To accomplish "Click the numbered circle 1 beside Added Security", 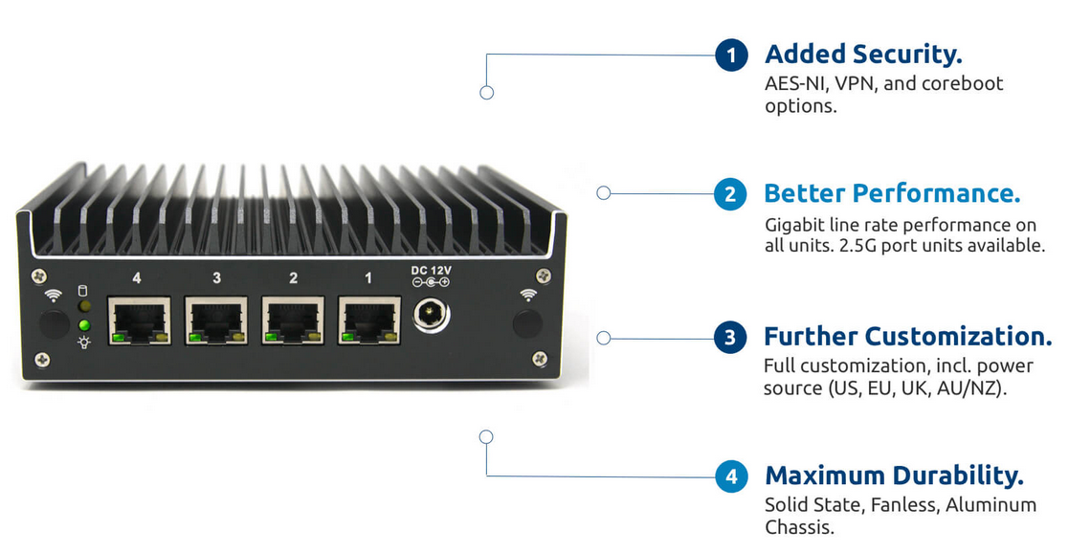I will coord(731,55).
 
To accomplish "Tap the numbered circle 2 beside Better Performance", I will coord(730,194).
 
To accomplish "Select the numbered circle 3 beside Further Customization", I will coord(730,338).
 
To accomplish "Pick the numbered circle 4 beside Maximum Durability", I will coord(731,476).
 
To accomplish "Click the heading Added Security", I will coord(863,54).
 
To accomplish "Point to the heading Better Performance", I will coord(892,193).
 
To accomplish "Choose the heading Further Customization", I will coord(907,337).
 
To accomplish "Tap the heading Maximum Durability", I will coord(894,476).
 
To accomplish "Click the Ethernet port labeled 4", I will coord(139,321).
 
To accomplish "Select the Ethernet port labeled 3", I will coord(216,321).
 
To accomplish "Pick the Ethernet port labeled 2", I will coord(293,321).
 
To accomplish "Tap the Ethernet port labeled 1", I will coord(369,321).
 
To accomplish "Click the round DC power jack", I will coord(431,315).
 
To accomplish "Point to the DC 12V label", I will coord(431,271).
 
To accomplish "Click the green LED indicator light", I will coord(84,325).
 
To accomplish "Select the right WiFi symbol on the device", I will coord(526,295).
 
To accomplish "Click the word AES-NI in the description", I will coord(795,83).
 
